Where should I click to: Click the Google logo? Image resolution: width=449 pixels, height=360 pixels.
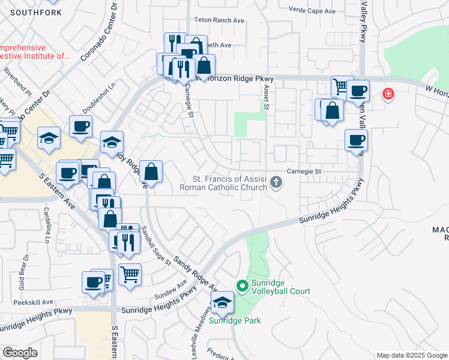click(x=20, y=353)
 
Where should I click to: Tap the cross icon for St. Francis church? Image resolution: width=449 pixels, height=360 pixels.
click(x=276, y=182)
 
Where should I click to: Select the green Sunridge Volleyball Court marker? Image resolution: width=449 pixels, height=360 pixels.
click(x=243, y=286)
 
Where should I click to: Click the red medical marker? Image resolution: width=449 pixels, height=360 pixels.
click(x=388, y=94)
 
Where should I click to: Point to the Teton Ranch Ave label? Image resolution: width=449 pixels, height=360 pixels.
click(x=219, y=20)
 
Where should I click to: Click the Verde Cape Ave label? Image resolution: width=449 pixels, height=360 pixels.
click(x=312, y=11)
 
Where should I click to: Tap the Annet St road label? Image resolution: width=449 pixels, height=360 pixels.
click(x=266, y=93)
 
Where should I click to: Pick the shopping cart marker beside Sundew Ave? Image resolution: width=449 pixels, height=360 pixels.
click(x=130, y=275)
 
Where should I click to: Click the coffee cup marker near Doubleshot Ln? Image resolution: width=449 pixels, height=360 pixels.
click(x=80, y=127)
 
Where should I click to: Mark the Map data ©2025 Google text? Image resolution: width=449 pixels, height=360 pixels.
click(x=411, y=355)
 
